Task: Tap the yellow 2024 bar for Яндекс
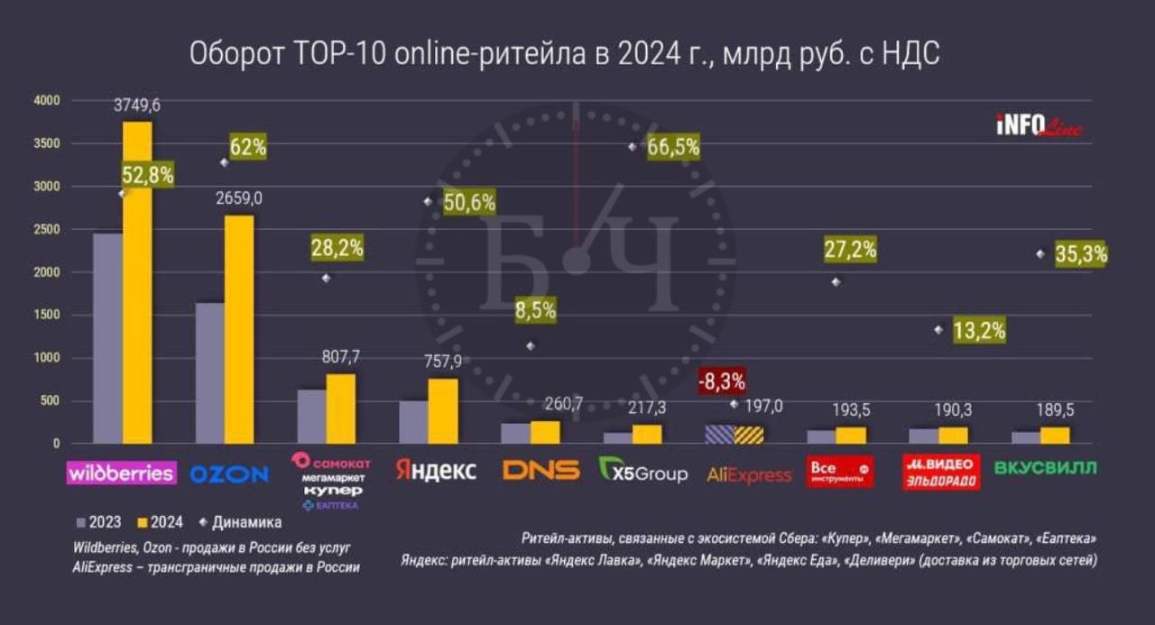443,410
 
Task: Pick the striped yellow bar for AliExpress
749,435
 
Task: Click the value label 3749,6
137,106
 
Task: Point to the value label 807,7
341,356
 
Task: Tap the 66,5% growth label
673,147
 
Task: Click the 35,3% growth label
1081,254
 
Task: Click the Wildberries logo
122,472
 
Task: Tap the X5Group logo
643,470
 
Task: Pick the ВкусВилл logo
1046,468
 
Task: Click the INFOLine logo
1039,127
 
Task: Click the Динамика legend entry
242,522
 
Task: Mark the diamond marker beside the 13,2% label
938,330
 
